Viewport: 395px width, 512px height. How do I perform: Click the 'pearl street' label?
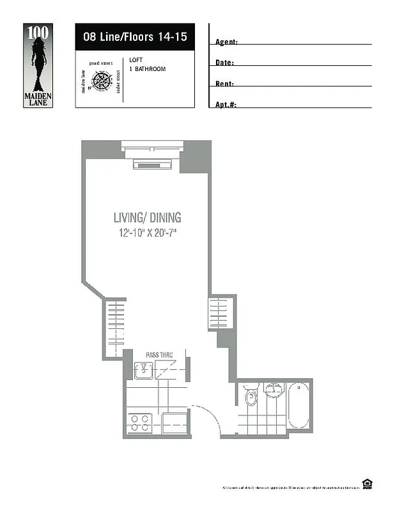[x=101, y=63]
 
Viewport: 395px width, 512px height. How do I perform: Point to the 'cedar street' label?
[x=119, y=82]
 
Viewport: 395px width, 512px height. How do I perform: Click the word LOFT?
[x=135, y=60]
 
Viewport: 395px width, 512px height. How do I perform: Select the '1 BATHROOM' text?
[x=147, y=68]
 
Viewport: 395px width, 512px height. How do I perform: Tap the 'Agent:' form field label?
[x=226, y=42]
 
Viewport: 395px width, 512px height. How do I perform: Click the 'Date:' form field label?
[x=224, y=63]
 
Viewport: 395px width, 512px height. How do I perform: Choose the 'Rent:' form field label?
[x=224, y=84]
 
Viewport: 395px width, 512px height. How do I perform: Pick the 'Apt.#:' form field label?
[x=226, y=104]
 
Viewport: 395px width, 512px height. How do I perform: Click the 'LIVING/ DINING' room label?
[x=147, y=218]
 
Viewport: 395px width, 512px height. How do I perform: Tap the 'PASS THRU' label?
[x=159, y=355]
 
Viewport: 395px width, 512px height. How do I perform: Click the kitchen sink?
[x=144, y=369]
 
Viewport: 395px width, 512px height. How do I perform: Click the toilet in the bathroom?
[x=251, y=397]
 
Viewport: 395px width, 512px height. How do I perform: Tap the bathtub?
[x=298, y=406]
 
